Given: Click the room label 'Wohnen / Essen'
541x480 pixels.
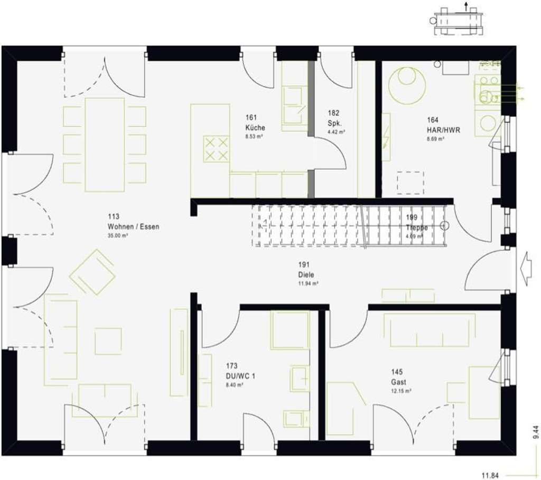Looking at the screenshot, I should [133, 226].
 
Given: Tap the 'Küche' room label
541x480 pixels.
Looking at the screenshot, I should [255, 127].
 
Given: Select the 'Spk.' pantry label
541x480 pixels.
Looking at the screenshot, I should [333, 123].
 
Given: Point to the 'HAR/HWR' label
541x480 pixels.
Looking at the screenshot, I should [440, 130].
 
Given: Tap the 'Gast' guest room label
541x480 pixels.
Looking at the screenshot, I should [399, 382].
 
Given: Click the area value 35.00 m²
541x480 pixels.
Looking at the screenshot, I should [119, 235].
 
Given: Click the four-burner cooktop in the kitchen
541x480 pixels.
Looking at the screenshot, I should [216, 149].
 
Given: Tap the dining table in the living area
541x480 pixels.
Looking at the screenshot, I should [105, 144].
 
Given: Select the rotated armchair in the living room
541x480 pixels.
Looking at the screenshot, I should [93, 272].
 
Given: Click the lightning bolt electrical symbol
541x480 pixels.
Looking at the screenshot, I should [386, 137].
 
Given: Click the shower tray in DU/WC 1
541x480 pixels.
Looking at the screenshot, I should [290, 330].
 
